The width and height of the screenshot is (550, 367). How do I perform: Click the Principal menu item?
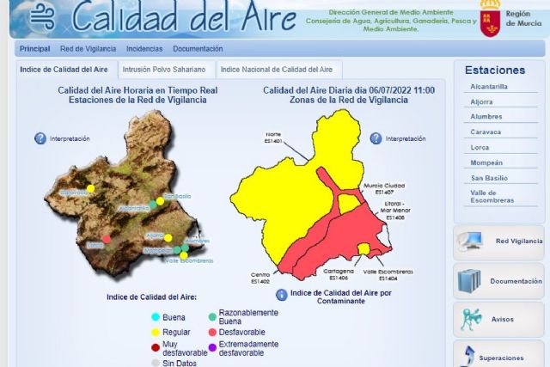click(x=34, y=49)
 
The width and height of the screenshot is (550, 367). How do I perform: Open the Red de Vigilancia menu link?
click(x=88, y=49)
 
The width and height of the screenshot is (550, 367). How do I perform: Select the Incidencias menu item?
click(x=144, y=49)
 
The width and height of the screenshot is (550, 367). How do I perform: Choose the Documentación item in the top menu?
click(x=198, y=49)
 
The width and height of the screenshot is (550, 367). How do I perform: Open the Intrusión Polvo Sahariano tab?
click(x=164, y=70)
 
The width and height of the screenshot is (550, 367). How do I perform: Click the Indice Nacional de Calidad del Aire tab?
click(x=276, y=70)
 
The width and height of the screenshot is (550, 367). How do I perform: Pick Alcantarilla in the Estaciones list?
click(x=489, y=87)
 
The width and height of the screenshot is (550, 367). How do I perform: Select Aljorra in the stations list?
click(x=481, y=101)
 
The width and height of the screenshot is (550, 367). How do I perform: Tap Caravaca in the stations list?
click(x=486, y=132)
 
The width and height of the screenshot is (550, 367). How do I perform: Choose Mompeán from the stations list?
click(x=486, y=162)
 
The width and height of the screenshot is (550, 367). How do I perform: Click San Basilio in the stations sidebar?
click(x=488, y=177)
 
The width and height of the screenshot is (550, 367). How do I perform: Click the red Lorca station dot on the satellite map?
click(x=107, y=239)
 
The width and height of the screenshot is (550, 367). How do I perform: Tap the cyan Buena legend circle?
click(x=155, y=317)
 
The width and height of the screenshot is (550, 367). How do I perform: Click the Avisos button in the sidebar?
click(x=499, y=319)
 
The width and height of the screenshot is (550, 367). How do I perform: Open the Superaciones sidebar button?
click(x=499, y=356)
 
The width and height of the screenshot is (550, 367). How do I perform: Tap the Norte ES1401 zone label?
click(x=272, y=138)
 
